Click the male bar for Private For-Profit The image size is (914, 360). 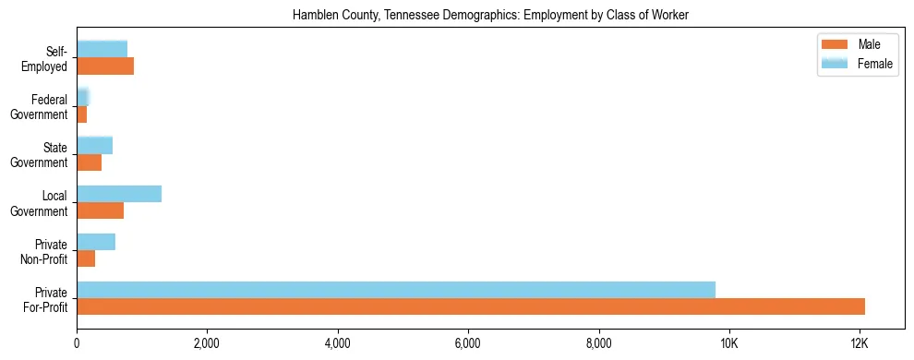[x=471, y=306]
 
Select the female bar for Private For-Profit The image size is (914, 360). [x=396, y=290]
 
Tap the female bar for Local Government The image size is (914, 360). [x=119, y=194]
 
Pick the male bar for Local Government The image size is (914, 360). [x=100, y=210]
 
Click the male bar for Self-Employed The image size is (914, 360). [x=105, y=66]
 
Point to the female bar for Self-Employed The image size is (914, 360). [x=102, y=49]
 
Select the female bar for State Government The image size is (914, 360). [x=94, y=145]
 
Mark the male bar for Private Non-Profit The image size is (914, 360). [x=86, y=258]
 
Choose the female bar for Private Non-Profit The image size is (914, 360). [x=96, y=242]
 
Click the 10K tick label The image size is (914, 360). [x=729, y=343]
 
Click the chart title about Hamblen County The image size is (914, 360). [x=490, y=16]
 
